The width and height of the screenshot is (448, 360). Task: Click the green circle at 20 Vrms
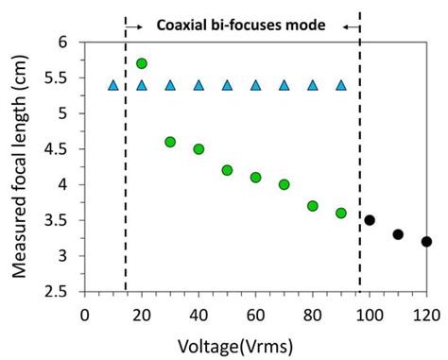142,63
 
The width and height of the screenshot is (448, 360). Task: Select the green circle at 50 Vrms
227,170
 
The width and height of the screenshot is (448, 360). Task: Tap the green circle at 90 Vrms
341,213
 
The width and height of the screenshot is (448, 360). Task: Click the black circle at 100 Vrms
370,220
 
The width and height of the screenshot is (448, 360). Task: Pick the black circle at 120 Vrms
426,241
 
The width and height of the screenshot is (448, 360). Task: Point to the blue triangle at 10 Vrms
113,85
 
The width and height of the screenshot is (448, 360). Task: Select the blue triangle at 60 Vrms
255,85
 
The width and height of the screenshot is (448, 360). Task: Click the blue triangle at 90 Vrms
341,85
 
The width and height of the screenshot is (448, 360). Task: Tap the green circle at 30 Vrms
170,142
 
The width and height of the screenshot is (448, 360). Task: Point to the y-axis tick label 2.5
62,291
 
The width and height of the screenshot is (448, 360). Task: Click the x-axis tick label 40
198,313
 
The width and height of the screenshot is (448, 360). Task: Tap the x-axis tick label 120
426,313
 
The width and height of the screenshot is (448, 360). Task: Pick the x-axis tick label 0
84,313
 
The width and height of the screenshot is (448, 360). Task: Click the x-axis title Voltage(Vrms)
256,344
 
